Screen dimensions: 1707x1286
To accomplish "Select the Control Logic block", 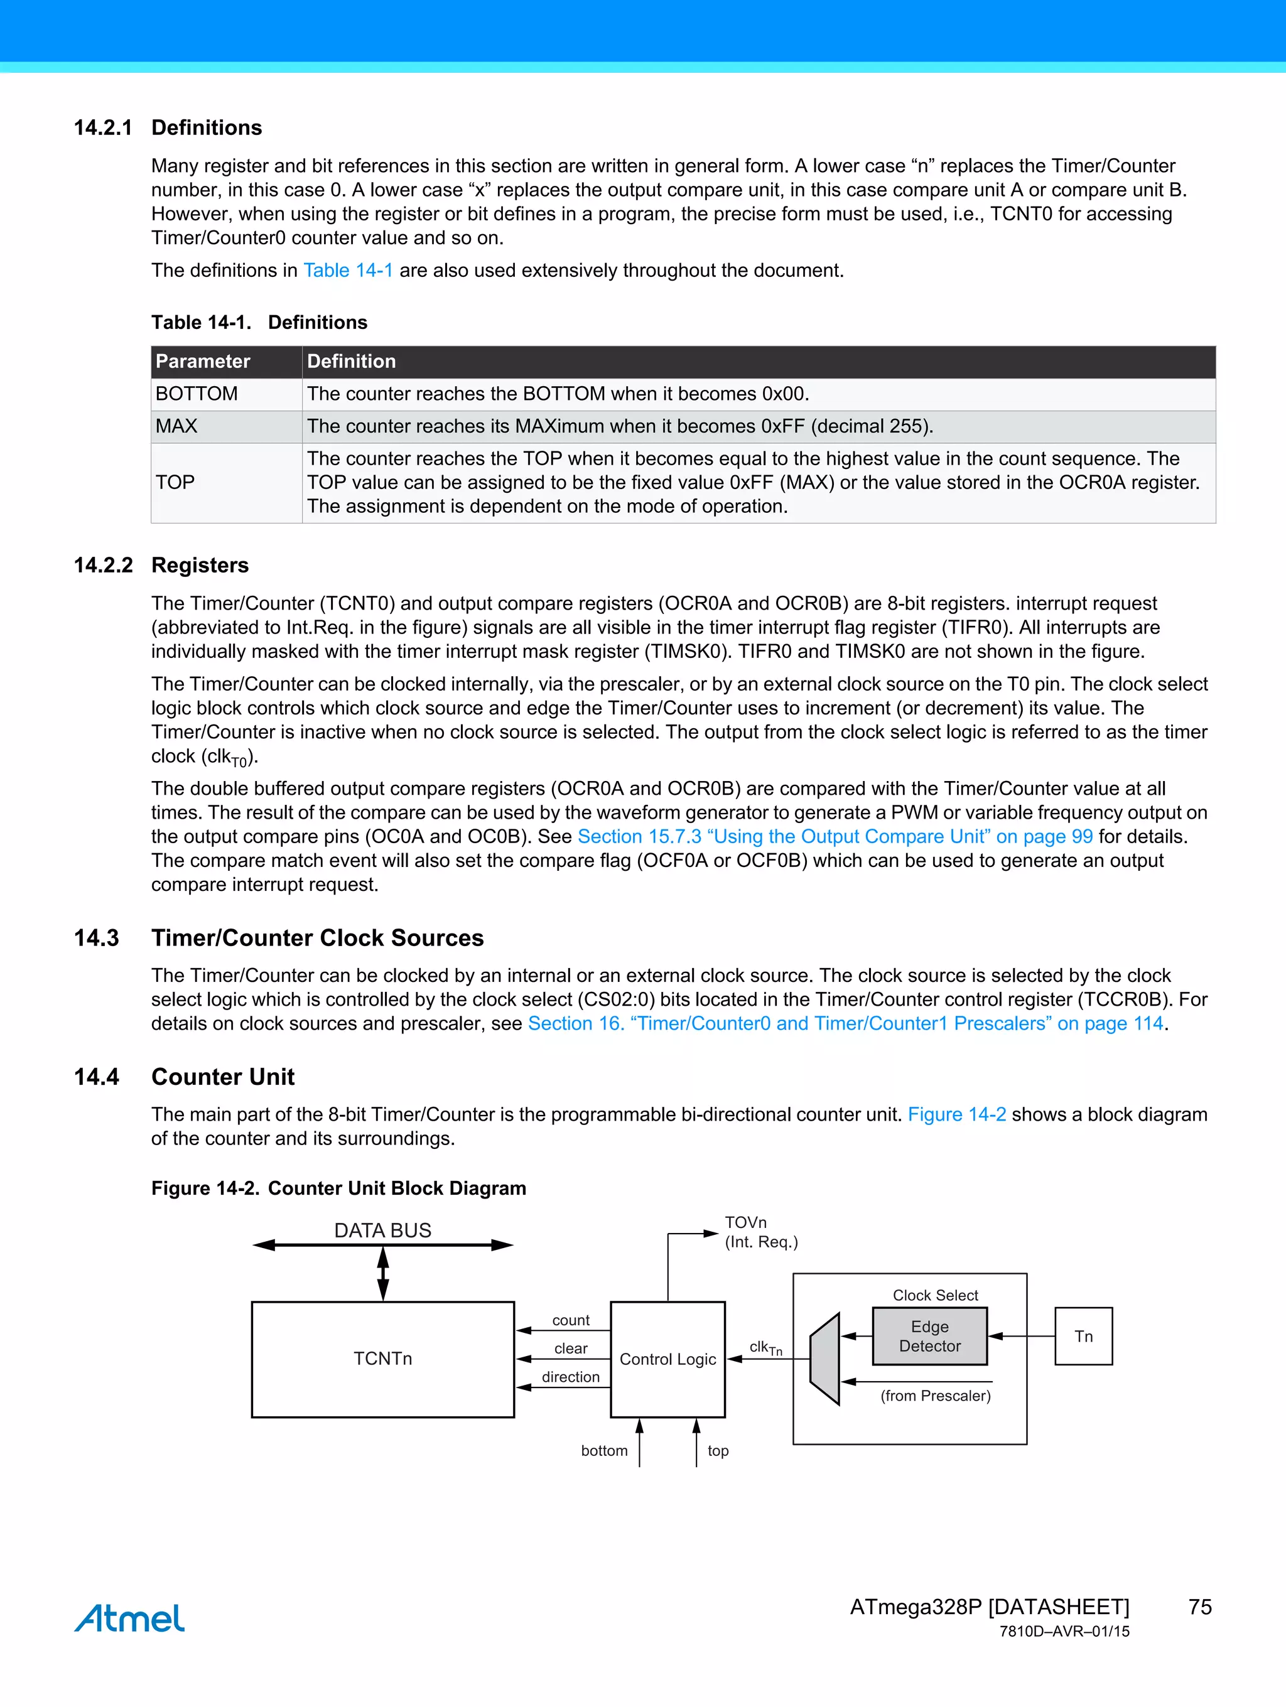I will (x=667, y=1359).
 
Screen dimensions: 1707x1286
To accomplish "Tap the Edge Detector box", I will (x=929, y=1336).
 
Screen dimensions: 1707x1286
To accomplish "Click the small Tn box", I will (x=1083, y=1336).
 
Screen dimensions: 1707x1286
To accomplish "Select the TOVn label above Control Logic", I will (x=745, y=1222).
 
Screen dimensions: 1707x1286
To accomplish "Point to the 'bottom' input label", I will (x=605, y=1451).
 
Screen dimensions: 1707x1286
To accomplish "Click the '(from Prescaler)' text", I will (x=936, y=1395).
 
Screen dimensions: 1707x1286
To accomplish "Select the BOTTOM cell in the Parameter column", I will (x=197, y=394).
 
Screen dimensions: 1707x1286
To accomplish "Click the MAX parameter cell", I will (x=177, y=426).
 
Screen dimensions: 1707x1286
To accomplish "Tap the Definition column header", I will (x=351, y=361).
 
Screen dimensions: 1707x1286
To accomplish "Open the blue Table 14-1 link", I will (x=348, y=270).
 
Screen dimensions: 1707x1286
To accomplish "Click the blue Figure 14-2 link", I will (x=956, y=1114).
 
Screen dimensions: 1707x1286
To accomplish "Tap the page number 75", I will (x=1199, y=1607).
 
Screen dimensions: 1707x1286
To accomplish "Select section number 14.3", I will (x=97, y=937).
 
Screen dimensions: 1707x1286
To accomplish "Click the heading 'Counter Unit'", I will (x=223, y=1077).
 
